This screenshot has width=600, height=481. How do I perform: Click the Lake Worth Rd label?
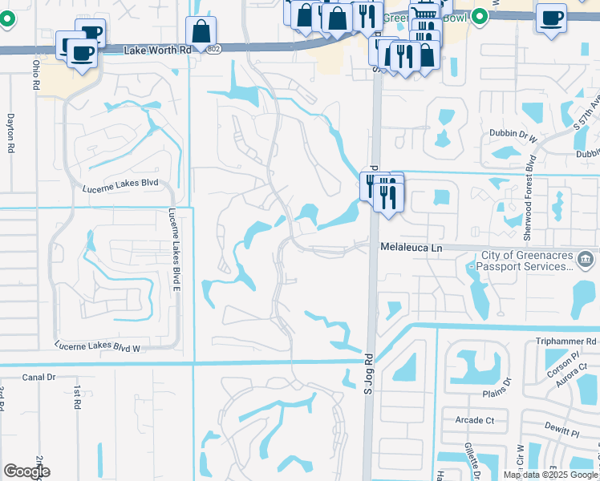[159, 50]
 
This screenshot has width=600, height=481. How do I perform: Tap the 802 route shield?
[212, 49]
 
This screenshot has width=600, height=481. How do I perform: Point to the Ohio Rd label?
[36, 74]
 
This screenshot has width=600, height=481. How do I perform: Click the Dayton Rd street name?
[10, 132]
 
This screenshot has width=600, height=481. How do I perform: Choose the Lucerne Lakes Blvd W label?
[98, 346]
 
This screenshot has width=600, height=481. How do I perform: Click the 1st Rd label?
[78, 396]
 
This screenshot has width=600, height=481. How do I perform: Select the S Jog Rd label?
[369, 374]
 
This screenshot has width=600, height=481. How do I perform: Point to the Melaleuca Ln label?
[411, 249]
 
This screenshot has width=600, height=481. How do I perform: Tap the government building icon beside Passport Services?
[586, 259]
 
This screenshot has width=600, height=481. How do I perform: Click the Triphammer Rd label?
[568, 341]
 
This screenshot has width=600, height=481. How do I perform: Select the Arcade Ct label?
[474, 420]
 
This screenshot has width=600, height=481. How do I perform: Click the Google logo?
[26, 471]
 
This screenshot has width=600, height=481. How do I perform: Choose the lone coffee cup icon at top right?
[550, 18]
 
